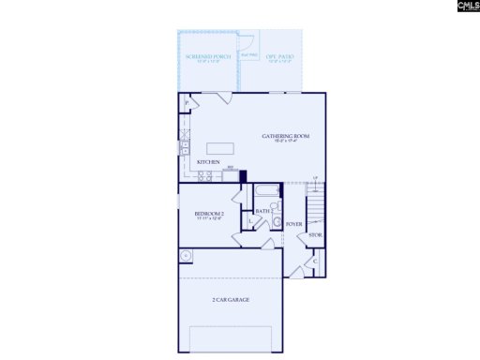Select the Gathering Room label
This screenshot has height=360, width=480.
286,137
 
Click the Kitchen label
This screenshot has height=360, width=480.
208,162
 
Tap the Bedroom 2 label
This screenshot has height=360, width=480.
208,215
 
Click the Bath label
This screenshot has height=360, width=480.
263,212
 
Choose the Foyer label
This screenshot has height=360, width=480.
293,224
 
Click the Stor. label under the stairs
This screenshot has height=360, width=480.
316,234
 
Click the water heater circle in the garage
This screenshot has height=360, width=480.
187,255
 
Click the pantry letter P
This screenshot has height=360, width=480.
187,100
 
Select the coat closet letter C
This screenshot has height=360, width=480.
315,260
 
